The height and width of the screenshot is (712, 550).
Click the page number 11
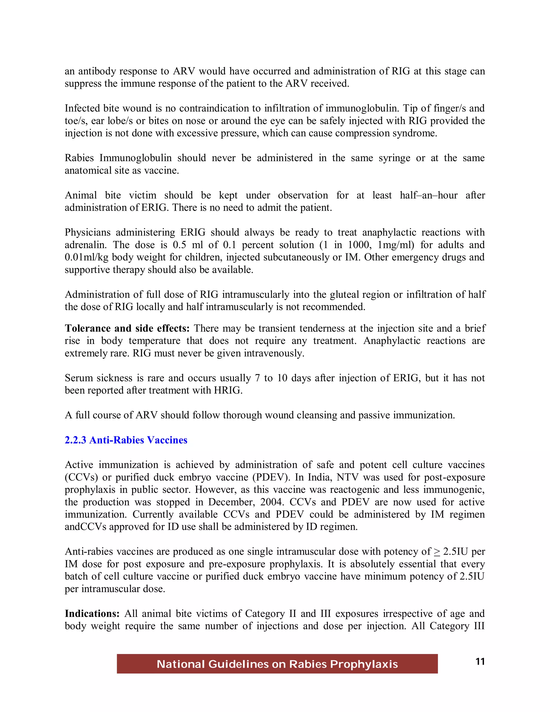(x=480, y=661)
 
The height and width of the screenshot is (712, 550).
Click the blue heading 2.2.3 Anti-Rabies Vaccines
(x=126, y=440)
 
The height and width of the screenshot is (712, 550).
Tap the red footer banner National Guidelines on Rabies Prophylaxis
(x=277, y=664)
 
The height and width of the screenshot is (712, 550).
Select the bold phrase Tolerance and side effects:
(x=127, y=328)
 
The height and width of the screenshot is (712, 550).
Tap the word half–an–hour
(x=428, y=195)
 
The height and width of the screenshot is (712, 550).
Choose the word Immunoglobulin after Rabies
(x=136, y=158)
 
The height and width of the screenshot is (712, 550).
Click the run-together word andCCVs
(x=85, y=527)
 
